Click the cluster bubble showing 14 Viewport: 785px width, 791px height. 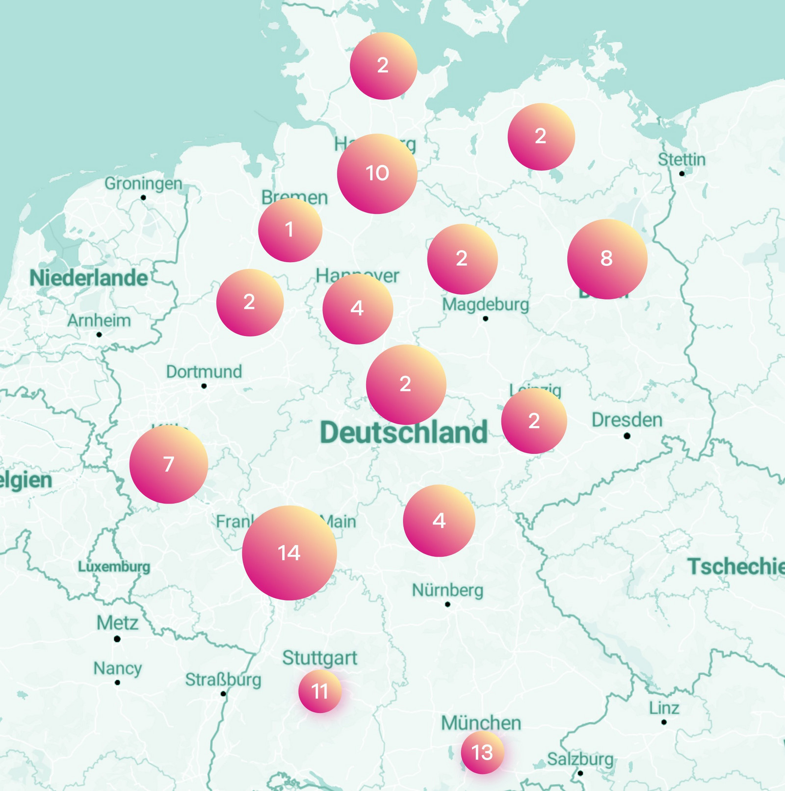click(x=289, y=553)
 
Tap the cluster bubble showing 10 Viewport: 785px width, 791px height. click(x=377, y=174)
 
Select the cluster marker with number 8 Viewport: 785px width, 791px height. click(x=607, y=259)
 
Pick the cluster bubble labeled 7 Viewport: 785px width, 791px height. click(x=169, y=464)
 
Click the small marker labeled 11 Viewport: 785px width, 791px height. click(x=320, y=691)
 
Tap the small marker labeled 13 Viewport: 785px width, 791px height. click(x=482, y=752)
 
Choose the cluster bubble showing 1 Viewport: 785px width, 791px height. click(x=290, y=230)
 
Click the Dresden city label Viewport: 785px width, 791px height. click(x=627, y=421)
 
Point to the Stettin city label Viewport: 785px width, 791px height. click(x=681, y=159)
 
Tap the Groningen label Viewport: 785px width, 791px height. click(x=143, y=184)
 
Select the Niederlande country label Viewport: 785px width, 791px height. click(x=89, y=278)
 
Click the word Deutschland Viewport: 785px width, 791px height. click(x=404, y=433)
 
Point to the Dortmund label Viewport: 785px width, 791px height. click(x=204, y=372)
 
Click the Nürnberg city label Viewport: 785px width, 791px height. click(x=447, y=590)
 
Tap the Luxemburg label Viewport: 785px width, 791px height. click(x=114, y=567)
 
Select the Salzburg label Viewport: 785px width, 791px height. click(x=580, y=759)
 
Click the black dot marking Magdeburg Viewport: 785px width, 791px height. click(x=485, y=319)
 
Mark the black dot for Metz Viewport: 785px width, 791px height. click(x=117, y=639)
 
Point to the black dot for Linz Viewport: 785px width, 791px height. click(x=664, y=722)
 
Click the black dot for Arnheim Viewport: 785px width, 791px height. click(x=99, y=335)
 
